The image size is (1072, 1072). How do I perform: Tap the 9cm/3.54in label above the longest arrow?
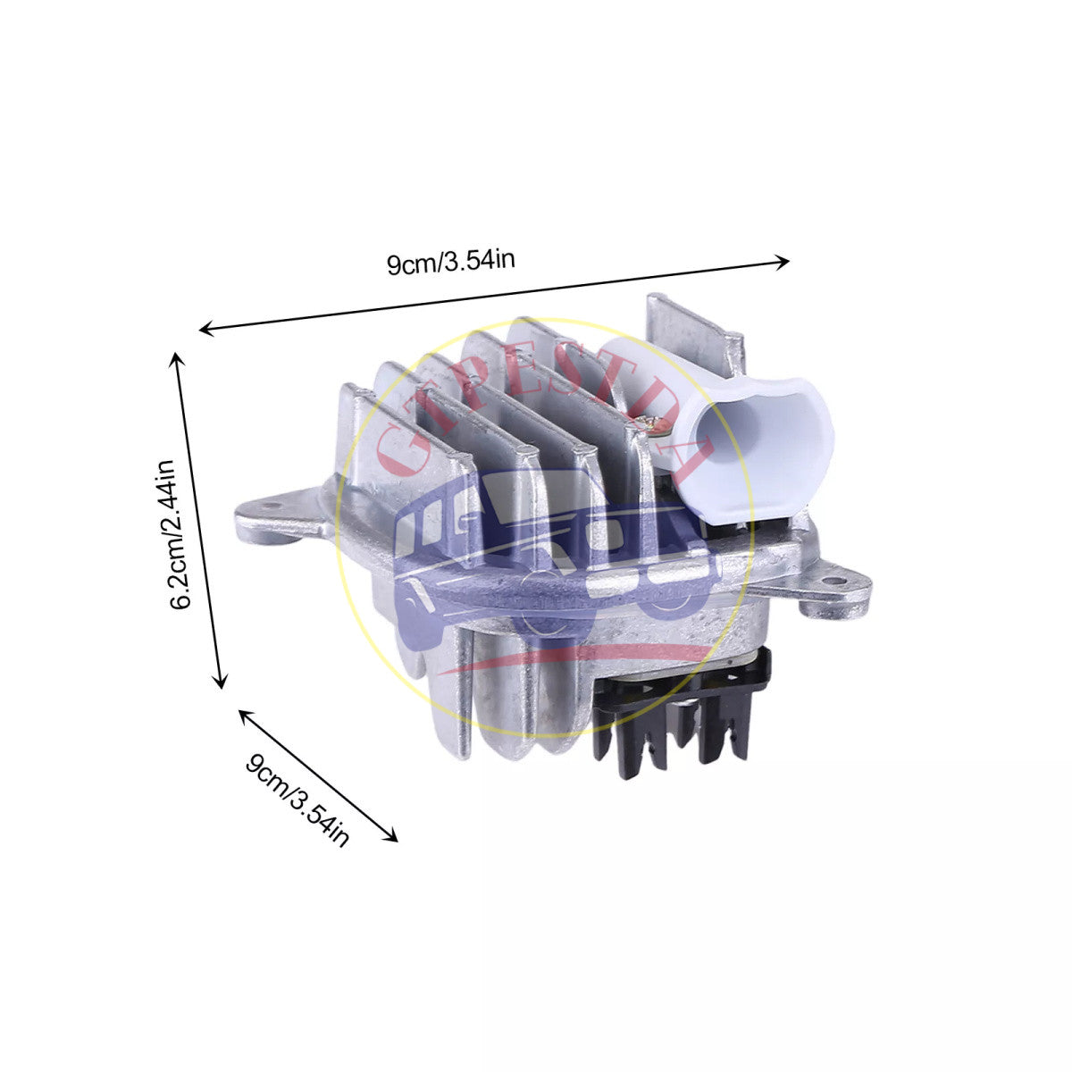(x=450, y=262)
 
